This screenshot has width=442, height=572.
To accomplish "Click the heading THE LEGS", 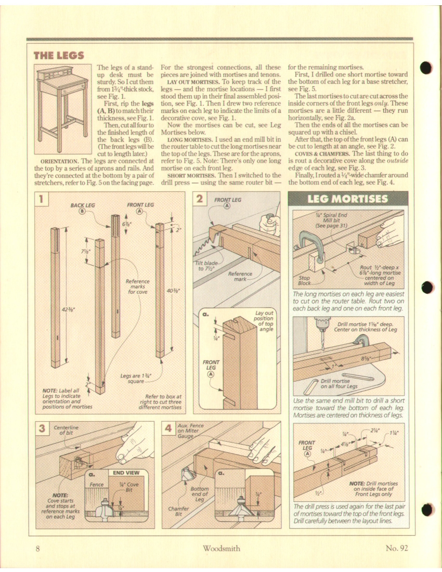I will click(59, 55).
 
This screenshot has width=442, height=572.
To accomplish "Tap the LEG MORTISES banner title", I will click(347, 200).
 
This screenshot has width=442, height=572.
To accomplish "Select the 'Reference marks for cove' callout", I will click(138, 286).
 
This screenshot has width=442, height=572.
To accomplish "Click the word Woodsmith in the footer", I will click(220, 547).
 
